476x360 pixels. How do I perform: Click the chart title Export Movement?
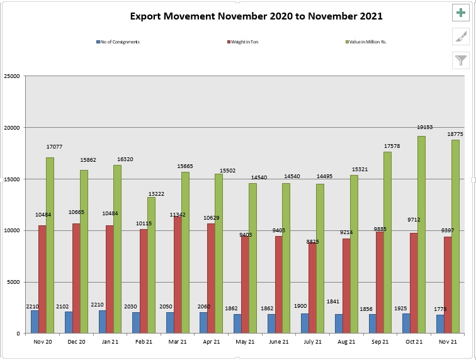[256, 16]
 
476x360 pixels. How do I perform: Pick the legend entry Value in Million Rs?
[366, 42]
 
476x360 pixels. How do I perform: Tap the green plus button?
[462, 13]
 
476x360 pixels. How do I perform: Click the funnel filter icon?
[462, 60]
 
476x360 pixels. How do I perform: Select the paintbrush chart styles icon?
[462, 37]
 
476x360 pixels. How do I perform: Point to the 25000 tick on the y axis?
[12, 76]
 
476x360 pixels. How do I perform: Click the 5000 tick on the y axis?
[14, 282]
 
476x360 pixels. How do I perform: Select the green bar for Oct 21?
[421, 234]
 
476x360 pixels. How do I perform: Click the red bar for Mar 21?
[178, 274]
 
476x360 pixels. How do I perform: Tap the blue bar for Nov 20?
[35, 322]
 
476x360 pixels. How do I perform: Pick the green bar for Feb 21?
[151, 265]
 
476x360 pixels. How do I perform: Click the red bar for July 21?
[312, 288]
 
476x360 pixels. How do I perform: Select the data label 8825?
[314, 240]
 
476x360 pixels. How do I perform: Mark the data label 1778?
[440, 308]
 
